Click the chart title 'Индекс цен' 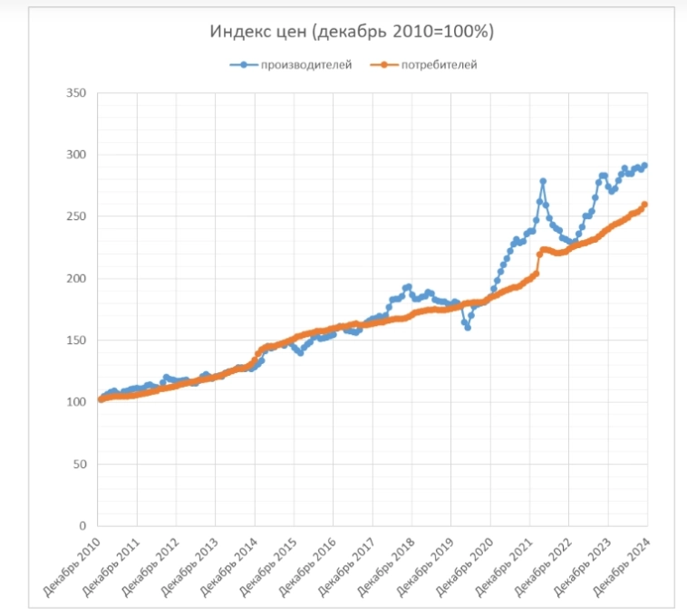click(352, 32)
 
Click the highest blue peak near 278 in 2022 click(543, 181)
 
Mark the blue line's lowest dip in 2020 click(468, 327)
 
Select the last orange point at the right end click(644, 205)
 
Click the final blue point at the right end click(644, 166)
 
